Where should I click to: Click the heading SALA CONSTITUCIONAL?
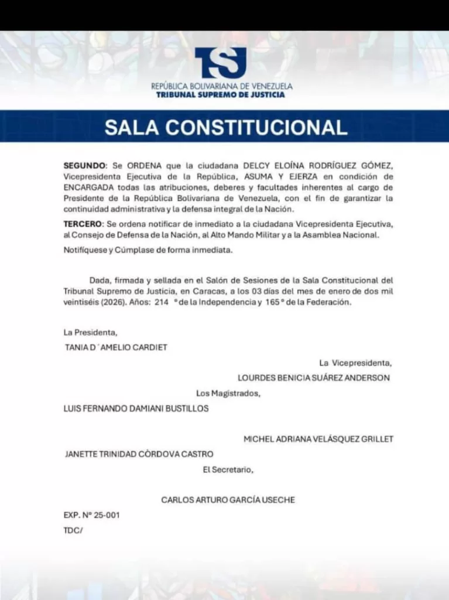tap(225, 127)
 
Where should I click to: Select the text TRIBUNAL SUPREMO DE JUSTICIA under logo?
tap(221, 94)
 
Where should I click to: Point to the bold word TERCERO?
tap(84, 224)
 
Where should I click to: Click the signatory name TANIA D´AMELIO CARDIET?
tap(116, 347)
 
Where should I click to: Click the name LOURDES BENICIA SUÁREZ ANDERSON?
tap(314, 378)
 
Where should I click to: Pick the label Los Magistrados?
tap(228, 393)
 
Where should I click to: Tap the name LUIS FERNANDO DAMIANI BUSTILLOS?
tap(136, 409)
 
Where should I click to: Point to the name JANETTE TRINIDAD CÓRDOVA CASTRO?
tap(139, 454)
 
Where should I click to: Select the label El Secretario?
tap(228, 469)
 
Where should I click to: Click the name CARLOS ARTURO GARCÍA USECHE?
tap(228, 500)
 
